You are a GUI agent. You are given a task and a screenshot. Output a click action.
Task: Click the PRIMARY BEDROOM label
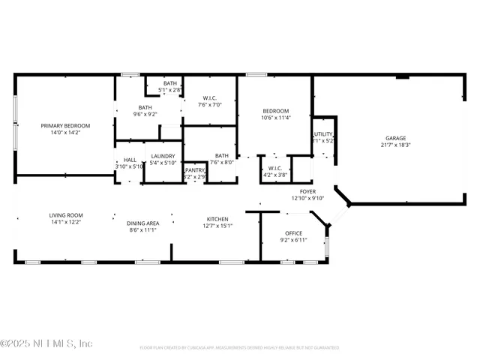coord(65,125)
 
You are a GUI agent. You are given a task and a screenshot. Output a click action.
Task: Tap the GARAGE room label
coord(395,138)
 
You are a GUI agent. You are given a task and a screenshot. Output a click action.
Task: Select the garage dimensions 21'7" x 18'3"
coord(395,146)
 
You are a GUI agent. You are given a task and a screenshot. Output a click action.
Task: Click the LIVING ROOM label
coord(66,214)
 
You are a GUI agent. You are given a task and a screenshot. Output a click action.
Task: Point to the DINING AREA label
coord(142,223)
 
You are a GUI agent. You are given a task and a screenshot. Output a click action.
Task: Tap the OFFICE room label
coord(293,233)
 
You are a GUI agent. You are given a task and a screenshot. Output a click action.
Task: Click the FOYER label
coord(307,191)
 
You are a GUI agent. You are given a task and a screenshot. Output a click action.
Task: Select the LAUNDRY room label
coord(163,155)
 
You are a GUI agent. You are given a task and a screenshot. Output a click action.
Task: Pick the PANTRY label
coord(195,170)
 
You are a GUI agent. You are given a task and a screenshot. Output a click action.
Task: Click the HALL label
coord(130,159)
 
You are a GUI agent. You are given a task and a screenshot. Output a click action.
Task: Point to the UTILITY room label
coord(323,134)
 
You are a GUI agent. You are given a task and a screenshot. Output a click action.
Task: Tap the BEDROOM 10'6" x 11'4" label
coord(275,109)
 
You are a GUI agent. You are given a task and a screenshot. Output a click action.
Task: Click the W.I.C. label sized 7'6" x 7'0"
coord(210,97)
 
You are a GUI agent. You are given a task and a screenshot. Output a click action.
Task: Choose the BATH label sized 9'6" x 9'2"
coord(144,107)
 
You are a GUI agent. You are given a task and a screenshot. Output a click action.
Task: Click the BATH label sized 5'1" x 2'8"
coord(170,82)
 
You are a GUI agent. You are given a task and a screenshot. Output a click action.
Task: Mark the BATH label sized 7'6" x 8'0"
coord(222,155)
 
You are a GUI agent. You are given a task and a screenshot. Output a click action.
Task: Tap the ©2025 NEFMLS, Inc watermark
coord(46,343)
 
